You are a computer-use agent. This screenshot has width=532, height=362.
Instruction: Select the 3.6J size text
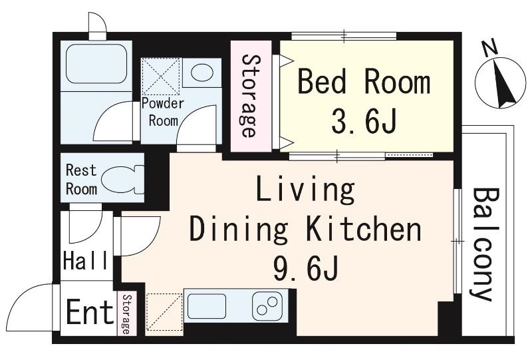tap(364, 120)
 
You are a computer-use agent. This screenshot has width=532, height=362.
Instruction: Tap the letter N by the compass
tap(489, 49)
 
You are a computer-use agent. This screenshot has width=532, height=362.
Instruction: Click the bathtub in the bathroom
tap(96, 64)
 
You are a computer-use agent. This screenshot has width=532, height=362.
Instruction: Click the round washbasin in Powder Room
tap(202, 73)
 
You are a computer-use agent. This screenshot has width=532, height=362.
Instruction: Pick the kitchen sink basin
tap(207, 306)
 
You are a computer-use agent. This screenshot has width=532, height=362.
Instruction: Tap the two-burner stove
tap(267, 305)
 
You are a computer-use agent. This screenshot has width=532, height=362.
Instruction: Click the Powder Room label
tap(163, 112)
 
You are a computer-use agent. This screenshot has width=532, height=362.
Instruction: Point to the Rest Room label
tap(81, 179)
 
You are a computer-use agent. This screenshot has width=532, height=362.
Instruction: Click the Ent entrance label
tap(90, 311)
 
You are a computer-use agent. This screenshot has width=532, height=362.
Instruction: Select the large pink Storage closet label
tap(251, 96)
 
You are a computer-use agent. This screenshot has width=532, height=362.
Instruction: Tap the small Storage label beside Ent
tap(126, 314)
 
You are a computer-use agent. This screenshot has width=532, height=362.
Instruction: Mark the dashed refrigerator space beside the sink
tap(164, 311)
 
